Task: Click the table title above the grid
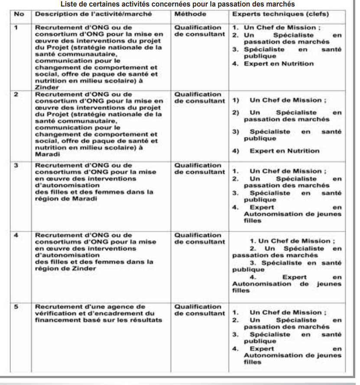click(x=178, y=4)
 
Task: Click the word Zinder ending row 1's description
click(x=45, y=87)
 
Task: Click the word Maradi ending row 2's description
click(x=45, y=153)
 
